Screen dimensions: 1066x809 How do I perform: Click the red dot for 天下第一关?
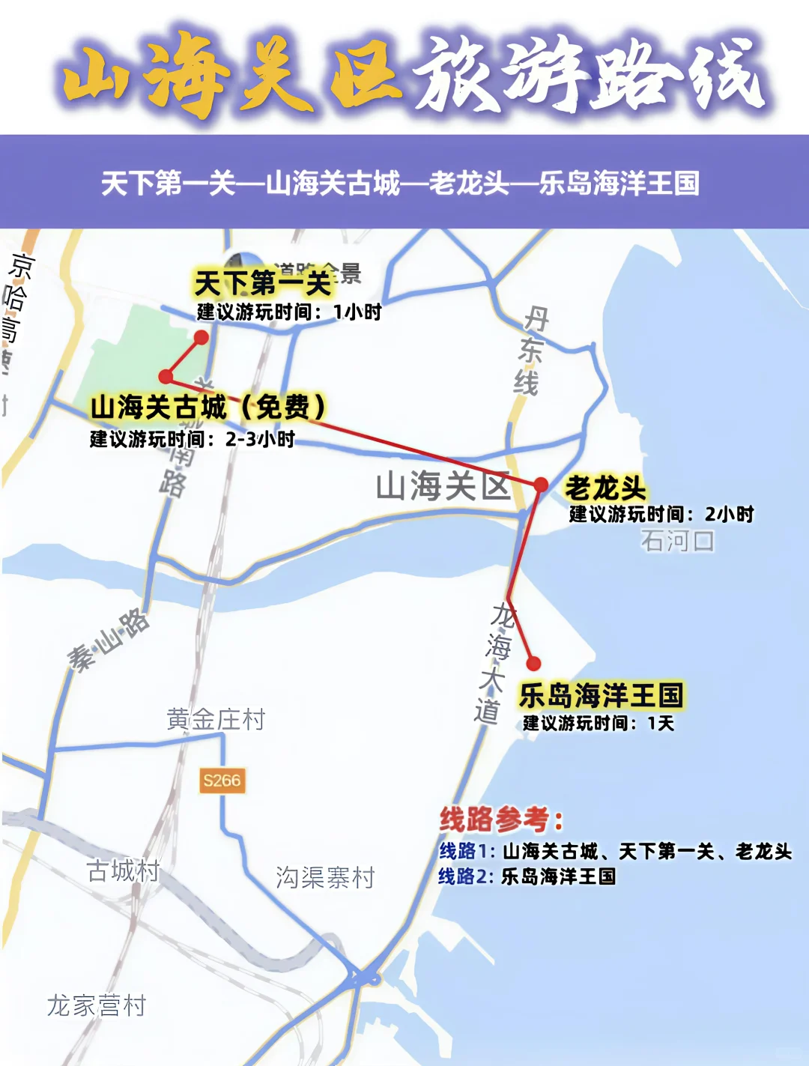pos(201,338)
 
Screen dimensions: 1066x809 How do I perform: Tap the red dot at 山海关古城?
pos(166,376)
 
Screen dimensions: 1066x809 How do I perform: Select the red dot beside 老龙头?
pos(541,485)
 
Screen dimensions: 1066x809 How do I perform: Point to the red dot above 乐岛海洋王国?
pos(533,663)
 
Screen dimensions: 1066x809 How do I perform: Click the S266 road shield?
pos(222,781)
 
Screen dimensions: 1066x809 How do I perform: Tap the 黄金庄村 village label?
pos(216,720)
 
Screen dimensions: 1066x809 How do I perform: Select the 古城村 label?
pos(124,870)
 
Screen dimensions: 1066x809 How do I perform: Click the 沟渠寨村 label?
pos(325,877)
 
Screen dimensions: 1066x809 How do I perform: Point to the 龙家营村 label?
pos(97,1005)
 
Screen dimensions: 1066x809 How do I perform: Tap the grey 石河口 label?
pos(677,540)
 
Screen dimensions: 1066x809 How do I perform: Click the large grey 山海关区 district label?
pos(443,486)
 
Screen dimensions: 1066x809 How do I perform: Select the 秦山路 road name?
pos(109,640)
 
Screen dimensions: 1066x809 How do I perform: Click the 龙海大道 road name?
pos(494,664)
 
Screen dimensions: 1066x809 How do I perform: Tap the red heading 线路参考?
pos(500,820)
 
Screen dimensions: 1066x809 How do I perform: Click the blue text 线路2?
pos(464,876)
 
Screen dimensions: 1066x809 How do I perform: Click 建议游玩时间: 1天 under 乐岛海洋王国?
pos(599,723)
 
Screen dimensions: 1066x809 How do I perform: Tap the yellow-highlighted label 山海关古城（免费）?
pos(208,408)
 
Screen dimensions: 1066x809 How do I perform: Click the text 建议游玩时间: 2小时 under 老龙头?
pos(661,514)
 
